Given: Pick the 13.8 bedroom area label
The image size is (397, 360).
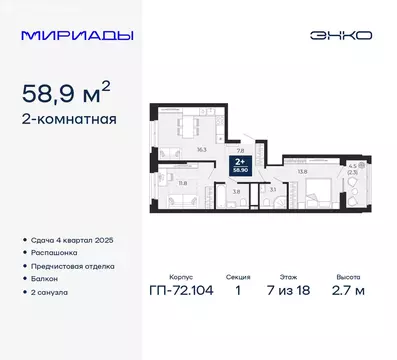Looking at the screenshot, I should tap(301, 172).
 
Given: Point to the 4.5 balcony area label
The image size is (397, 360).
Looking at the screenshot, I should tap(353, 166).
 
